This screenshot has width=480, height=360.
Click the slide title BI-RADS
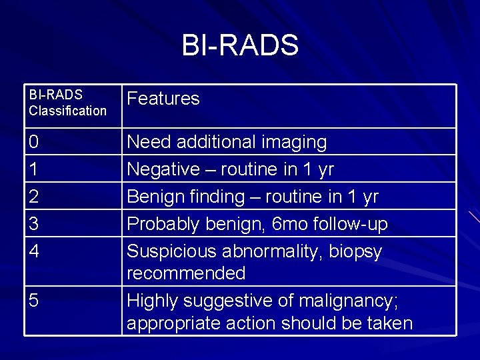[x=240, y=45]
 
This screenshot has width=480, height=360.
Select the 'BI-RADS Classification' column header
[x=67, y=103]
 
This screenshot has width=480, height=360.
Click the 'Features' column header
[x=163, y=99]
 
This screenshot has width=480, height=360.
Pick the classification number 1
[x=34, y=169]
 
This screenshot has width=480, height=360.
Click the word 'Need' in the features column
[x=147, y=142]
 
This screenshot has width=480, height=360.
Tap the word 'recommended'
[x=186, y=273]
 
